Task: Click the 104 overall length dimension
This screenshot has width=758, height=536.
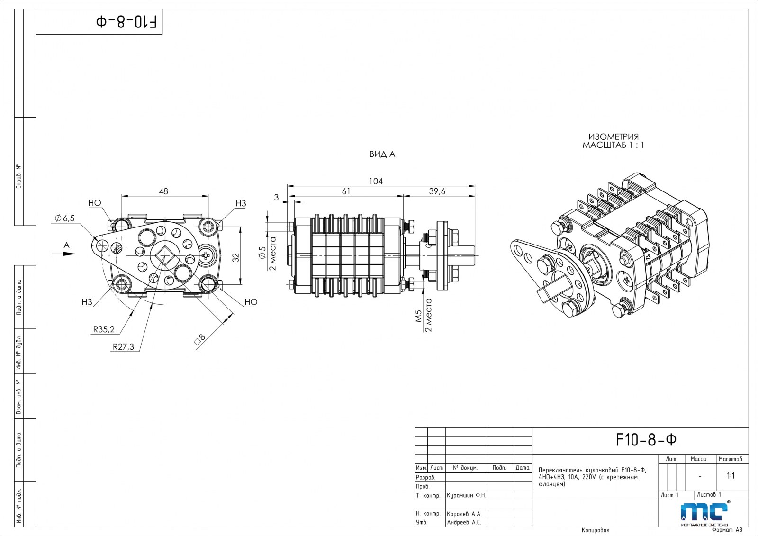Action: point(376,181)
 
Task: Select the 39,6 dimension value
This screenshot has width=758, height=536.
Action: point(437,191)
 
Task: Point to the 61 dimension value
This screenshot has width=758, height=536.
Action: point(346,191)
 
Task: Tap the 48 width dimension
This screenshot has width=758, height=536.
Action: point(163,191)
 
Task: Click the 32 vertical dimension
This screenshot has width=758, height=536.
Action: point(236,257)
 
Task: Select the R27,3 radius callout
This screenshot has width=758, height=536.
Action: point(123,347)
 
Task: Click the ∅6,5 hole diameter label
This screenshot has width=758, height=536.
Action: point(65,218)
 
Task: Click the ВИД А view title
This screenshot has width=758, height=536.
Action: point(382,154)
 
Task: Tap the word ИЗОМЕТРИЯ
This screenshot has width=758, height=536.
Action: point(614,137)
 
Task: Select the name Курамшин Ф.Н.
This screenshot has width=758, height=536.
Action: point(466,495)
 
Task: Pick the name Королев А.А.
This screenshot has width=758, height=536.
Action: point(464,514)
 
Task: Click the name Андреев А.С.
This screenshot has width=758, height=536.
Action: point(464,523)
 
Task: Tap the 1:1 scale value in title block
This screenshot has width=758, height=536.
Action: point(731,475)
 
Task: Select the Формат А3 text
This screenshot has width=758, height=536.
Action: point(727,530)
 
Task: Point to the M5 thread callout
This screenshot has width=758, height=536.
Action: point(418,316)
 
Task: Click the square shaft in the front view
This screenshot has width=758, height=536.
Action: point(163,256)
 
